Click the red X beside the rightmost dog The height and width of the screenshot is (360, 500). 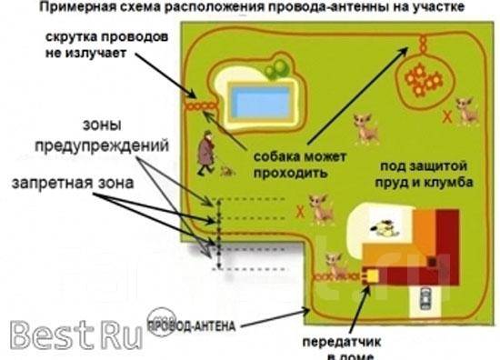(445, 116)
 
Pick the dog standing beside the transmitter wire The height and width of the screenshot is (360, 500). (335, 265)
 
